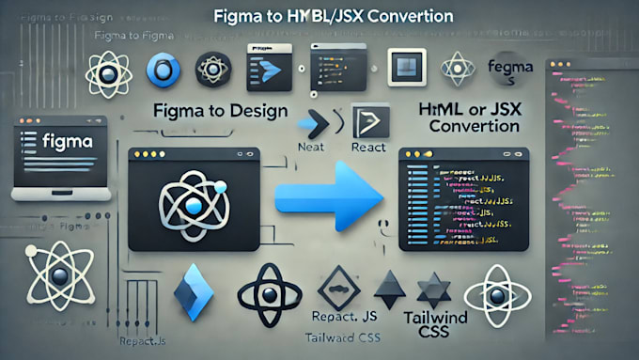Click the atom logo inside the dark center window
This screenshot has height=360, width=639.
click(x=195, y=203)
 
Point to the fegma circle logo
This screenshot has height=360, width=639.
click(x=511, y=69)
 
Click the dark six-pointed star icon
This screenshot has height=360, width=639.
click(x=435, y=290)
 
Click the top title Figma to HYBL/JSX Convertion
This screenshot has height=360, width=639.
click(x=319, y=16)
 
